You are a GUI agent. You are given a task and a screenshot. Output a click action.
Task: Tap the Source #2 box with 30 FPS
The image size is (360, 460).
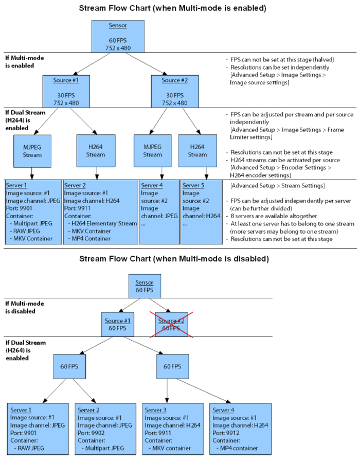click(x=175, y=91)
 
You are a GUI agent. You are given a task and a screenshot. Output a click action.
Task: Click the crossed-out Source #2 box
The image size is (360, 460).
click(x=172, y=324)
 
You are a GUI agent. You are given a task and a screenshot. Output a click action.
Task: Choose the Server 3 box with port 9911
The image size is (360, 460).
click(x=171, y=429)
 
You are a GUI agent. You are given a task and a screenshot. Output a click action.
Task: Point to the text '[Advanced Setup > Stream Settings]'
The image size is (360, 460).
click(x=268, y=185)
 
